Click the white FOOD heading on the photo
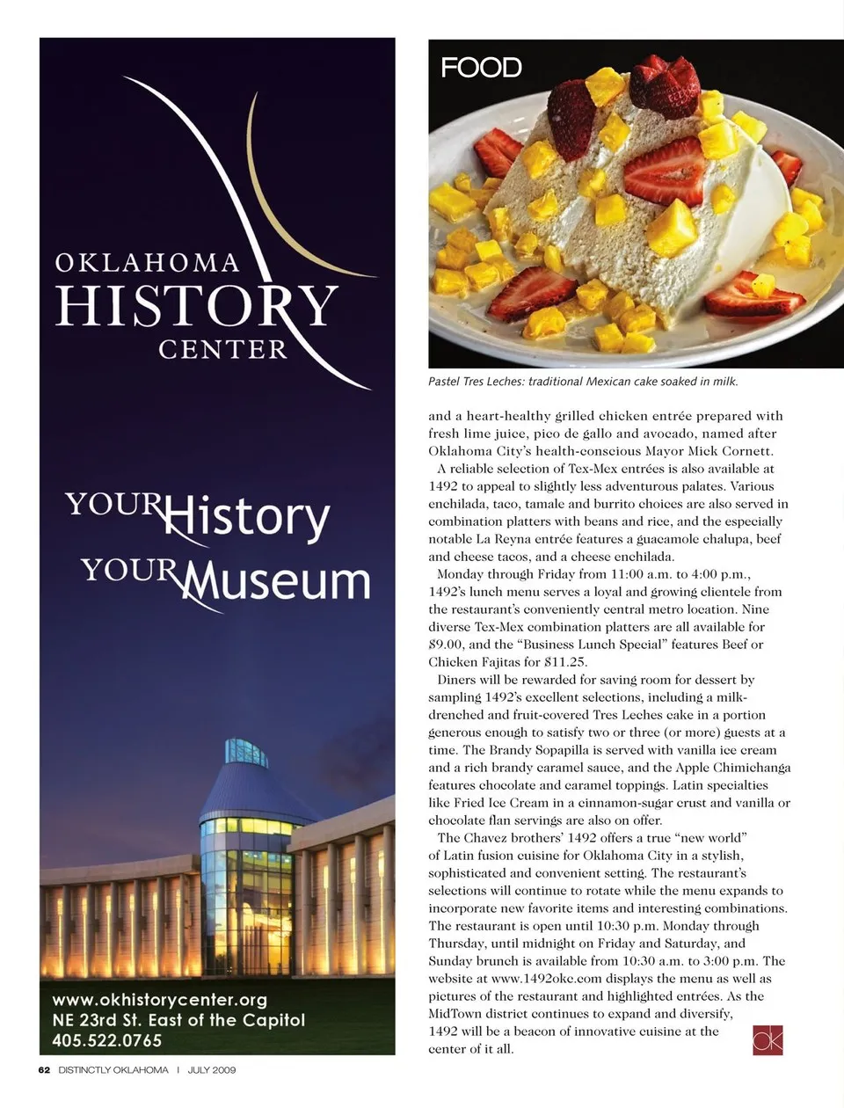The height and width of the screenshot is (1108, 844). click(481, 68)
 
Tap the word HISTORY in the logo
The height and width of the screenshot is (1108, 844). click(196, 306)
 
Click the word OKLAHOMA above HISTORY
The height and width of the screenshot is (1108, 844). click(147, 263)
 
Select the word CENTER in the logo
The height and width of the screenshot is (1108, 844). click(222, 350)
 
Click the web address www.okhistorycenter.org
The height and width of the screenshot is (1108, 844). click(160, 1000)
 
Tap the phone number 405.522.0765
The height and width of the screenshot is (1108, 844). click(107, 1040)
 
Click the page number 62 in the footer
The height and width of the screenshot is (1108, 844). click(44, 1070)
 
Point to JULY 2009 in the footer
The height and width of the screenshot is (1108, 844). click(212, 1070)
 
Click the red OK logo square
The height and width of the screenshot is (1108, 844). click(768, 1039)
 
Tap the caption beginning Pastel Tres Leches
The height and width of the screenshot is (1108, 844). click(583, 382)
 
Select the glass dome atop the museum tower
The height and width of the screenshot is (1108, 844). click(246, 753)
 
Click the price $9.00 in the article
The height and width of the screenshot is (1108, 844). click(449, 645)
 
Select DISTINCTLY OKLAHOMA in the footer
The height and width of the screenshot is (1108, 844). click(113, 1070)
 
